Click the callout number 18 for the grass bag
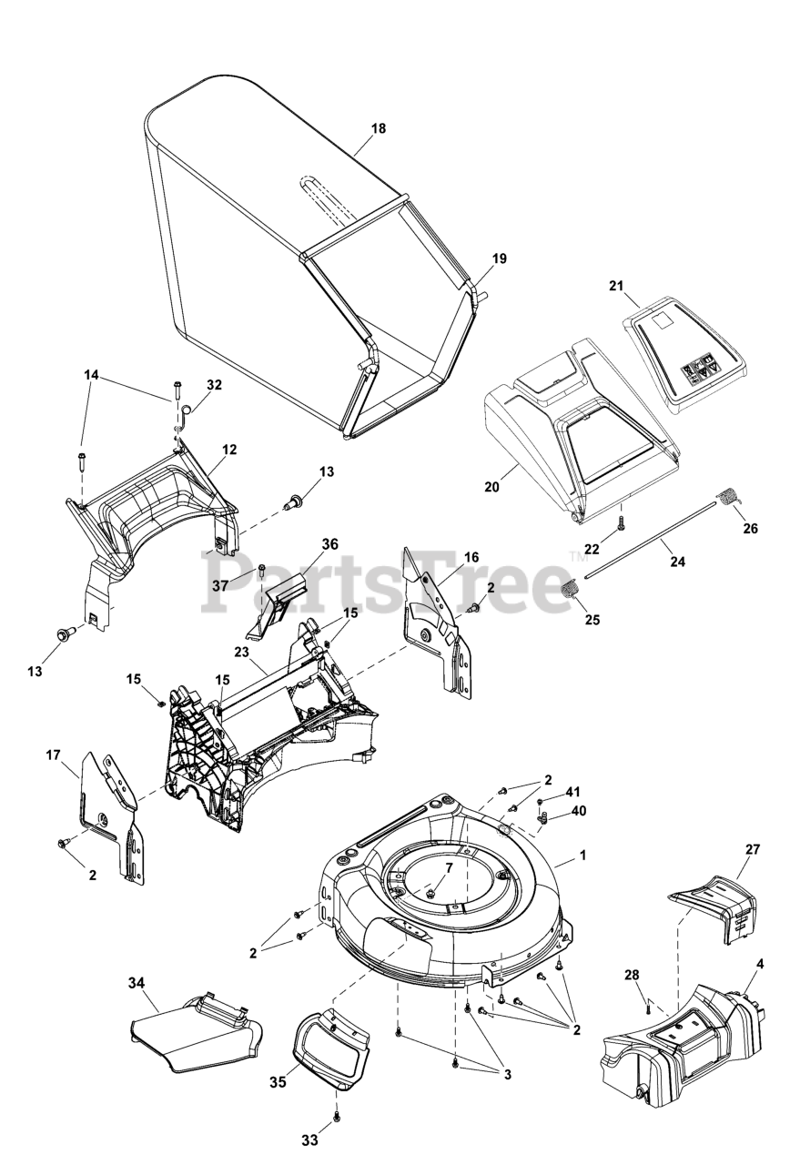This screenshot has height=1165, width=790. tap(379, 128)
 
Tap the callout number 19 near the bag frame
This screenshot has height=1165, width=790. tap(499, 258)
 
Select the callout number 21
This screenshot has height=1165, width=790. tap(616, 286)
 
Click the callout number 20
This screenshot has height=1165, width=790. tap(491, 487)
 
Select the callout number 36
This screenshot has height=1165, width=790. tap(329, 543)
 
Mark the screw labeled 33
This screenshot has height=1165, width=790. tap(336, 1114)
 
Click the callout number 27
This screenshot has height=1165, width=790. tap(752, 849)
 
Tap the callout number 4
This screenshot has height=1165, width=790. tap(759, 964)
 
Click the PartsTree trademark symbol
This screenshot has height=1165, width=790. tap(574, 555)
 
